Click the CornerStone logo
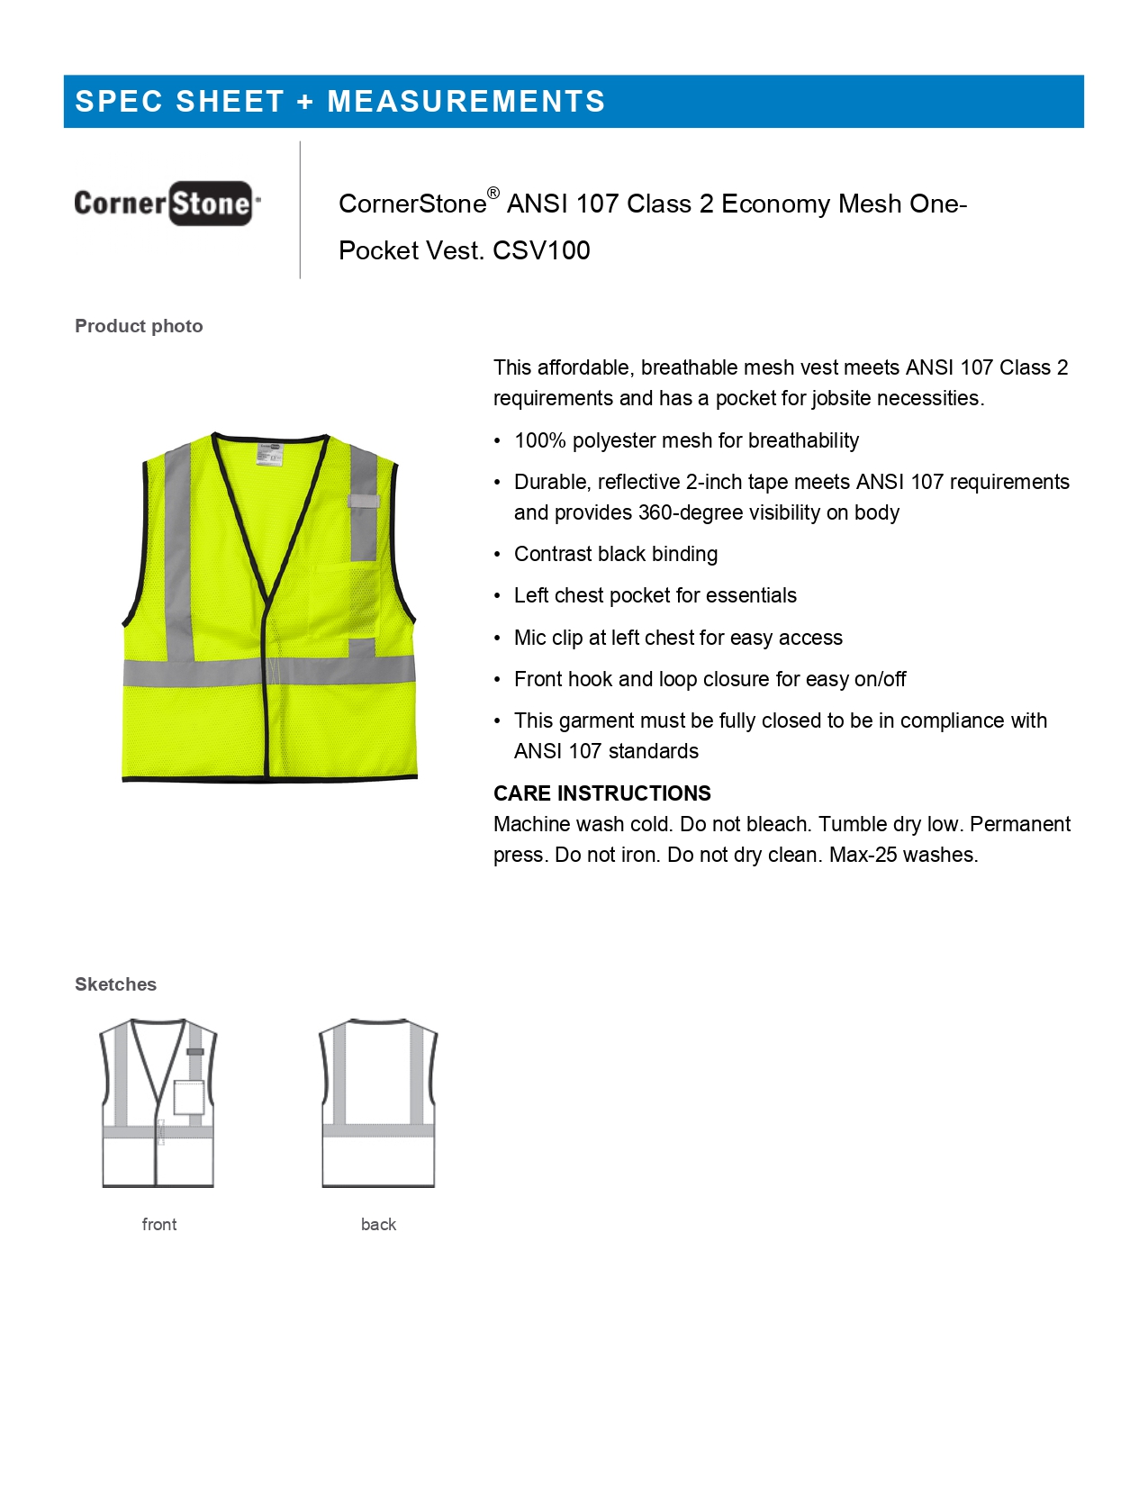pos(167,204)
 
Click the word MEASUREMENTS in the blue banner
pos(466,102)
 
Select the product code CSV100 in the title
pos(541,250)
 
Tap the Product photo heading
pos(139,326)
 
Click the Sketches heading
pos(115,984)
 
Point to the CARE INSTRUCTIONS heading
pos(601,793)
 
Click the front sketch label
pos(159,1225)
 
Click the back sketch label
pos(378,1225)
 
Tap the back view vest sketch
pos(378,1103)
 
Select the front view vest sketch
pos(158,1103)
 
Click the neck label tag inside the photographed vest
pos(269,453)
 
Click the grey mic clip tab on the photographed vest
pos(364,502)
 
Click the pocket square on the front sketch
pos(189,1097)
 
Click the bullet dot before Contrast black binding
pos(497,555)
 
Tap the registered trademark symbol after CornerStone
pos(493,193)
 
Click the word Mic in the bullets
pos(530,638)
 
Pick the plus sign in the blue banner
pos(305,102)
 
